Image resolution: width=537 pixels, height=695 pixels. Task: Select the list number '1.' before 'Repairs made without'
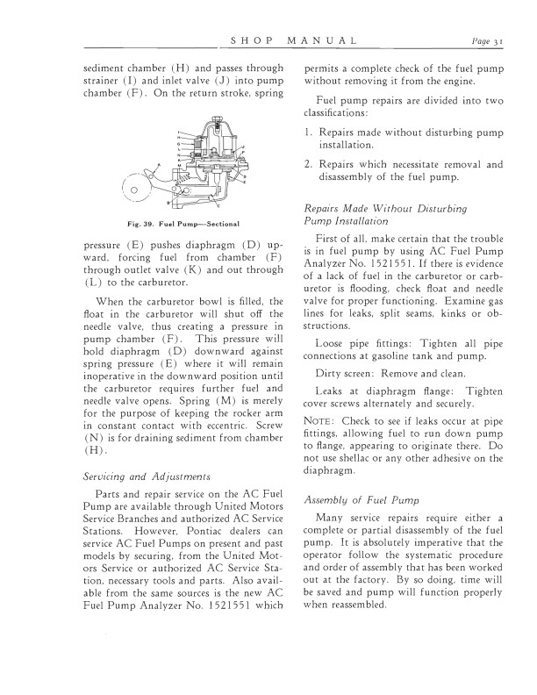[308, 131]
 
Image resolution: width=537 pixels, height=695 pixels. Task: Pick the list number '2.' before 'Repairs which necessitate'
[308, 165]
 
